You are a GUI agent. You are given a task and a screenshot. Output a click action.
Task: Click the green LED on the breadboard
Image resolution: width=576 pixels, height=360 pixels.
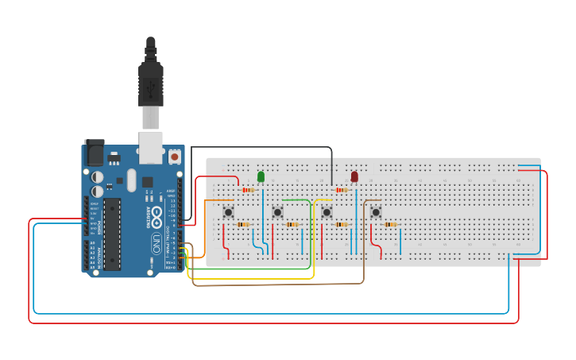pos(261,176)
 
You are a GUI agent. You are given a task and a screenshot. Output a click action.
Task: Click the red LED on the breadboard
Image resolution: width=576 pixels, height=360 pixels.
pos(354,176)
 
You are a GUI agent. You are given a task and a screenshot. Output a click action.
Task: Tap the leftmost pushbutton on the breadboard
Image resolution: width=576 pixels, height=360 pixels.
pos(229,211)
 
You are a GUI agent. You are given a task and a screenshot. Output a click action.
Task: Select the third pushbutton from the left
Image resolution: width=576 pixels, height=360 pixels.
pos(327,212)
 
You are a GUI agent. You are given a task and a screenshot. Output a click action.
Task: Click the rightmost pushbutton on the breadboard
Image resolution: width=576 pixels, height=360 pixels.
pos(375,212)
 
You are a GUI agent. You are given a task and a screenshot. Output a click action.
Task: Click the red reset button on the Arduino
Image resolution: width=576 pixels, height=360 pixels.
pos(174,157)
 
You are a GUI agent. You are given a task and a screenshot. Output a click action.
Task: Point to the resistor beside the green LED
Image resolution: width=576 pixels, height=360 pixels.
pos(247,190)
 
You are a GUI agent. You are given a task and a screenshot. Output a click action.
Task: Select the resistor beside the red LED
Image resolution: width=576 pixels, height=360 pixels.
pos(342,190)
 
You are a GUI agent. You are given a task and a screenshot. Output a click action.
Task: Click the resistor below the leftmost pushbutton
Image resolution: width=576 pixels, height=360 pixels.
pos(243,225)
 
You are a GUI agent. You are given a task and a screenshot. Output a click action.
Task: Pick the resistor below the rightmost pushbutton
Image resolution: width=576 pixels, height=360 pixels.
pos(390,225)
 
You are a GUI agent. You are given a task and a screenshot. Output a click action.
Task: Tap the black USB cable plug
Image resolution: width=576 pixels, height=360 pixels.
pos(150,79)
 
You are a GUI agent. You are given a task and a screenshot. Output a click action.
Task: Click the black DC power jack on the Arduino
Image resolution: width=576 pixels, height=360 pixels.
pos(94,152)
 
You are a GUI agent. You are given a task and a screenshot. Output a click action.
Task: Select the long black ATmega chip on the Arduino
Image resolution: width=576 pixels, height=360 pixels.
pos(112,234)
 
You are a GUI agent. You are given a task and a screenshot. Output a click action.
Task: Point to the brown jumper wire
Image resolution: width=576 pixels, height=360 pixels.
pos(278,283)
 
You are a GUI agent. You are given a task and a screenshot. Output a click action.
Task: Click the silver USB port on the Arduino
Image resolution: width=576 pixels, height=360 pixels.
pos(150,145)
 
